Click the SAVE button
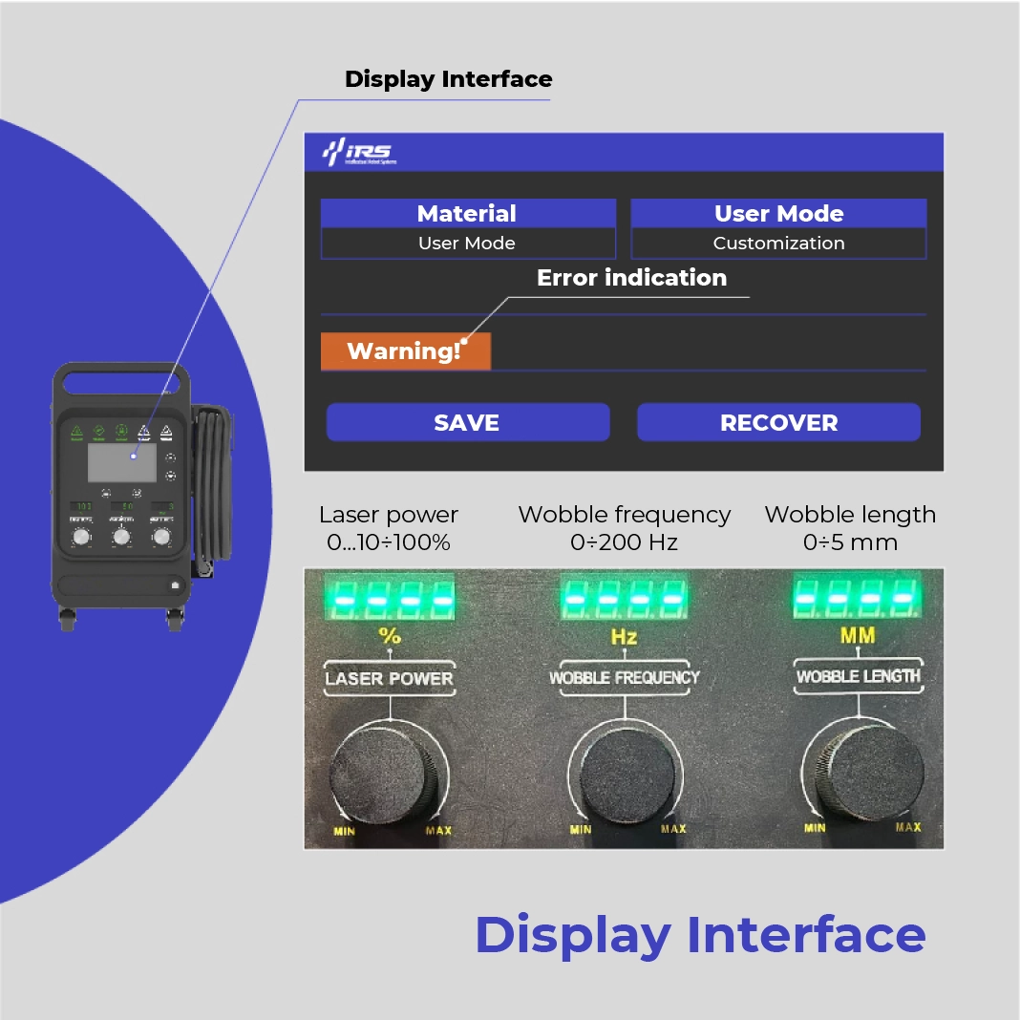coord(467,422)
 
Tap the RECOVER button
coord(778,422)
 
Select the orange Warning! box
coord(405,351)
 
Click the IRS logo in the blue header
coord(357,152)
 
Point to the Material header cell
coord(467,213)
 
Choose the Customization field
coord(778,244)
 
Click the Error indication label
coord(631,278)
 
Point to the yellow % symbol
coord(389,636)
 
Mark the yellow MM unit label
coord(857,634)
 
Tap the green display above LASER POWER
coord(389,599)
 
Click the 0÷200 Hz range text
coord(624,542)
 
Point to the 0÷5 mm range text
coord(850,542)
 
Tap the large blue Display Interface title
coord(700,934)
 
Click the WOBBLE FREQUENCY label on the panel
coord(625,677)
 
